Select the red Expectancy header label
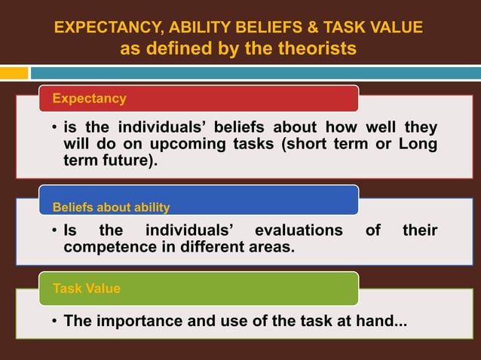pos(89,99)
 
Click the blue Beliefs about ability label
pos(111,207)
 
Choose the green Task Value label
pos(87,288)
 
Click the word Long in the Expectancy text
pos(418,144)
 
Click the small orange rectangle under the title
pos(14,73)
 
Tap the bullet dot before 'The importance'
pos(55,322)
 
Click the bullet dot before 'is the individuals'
pos(55,127)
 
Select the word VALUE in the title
pos(397,28)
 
